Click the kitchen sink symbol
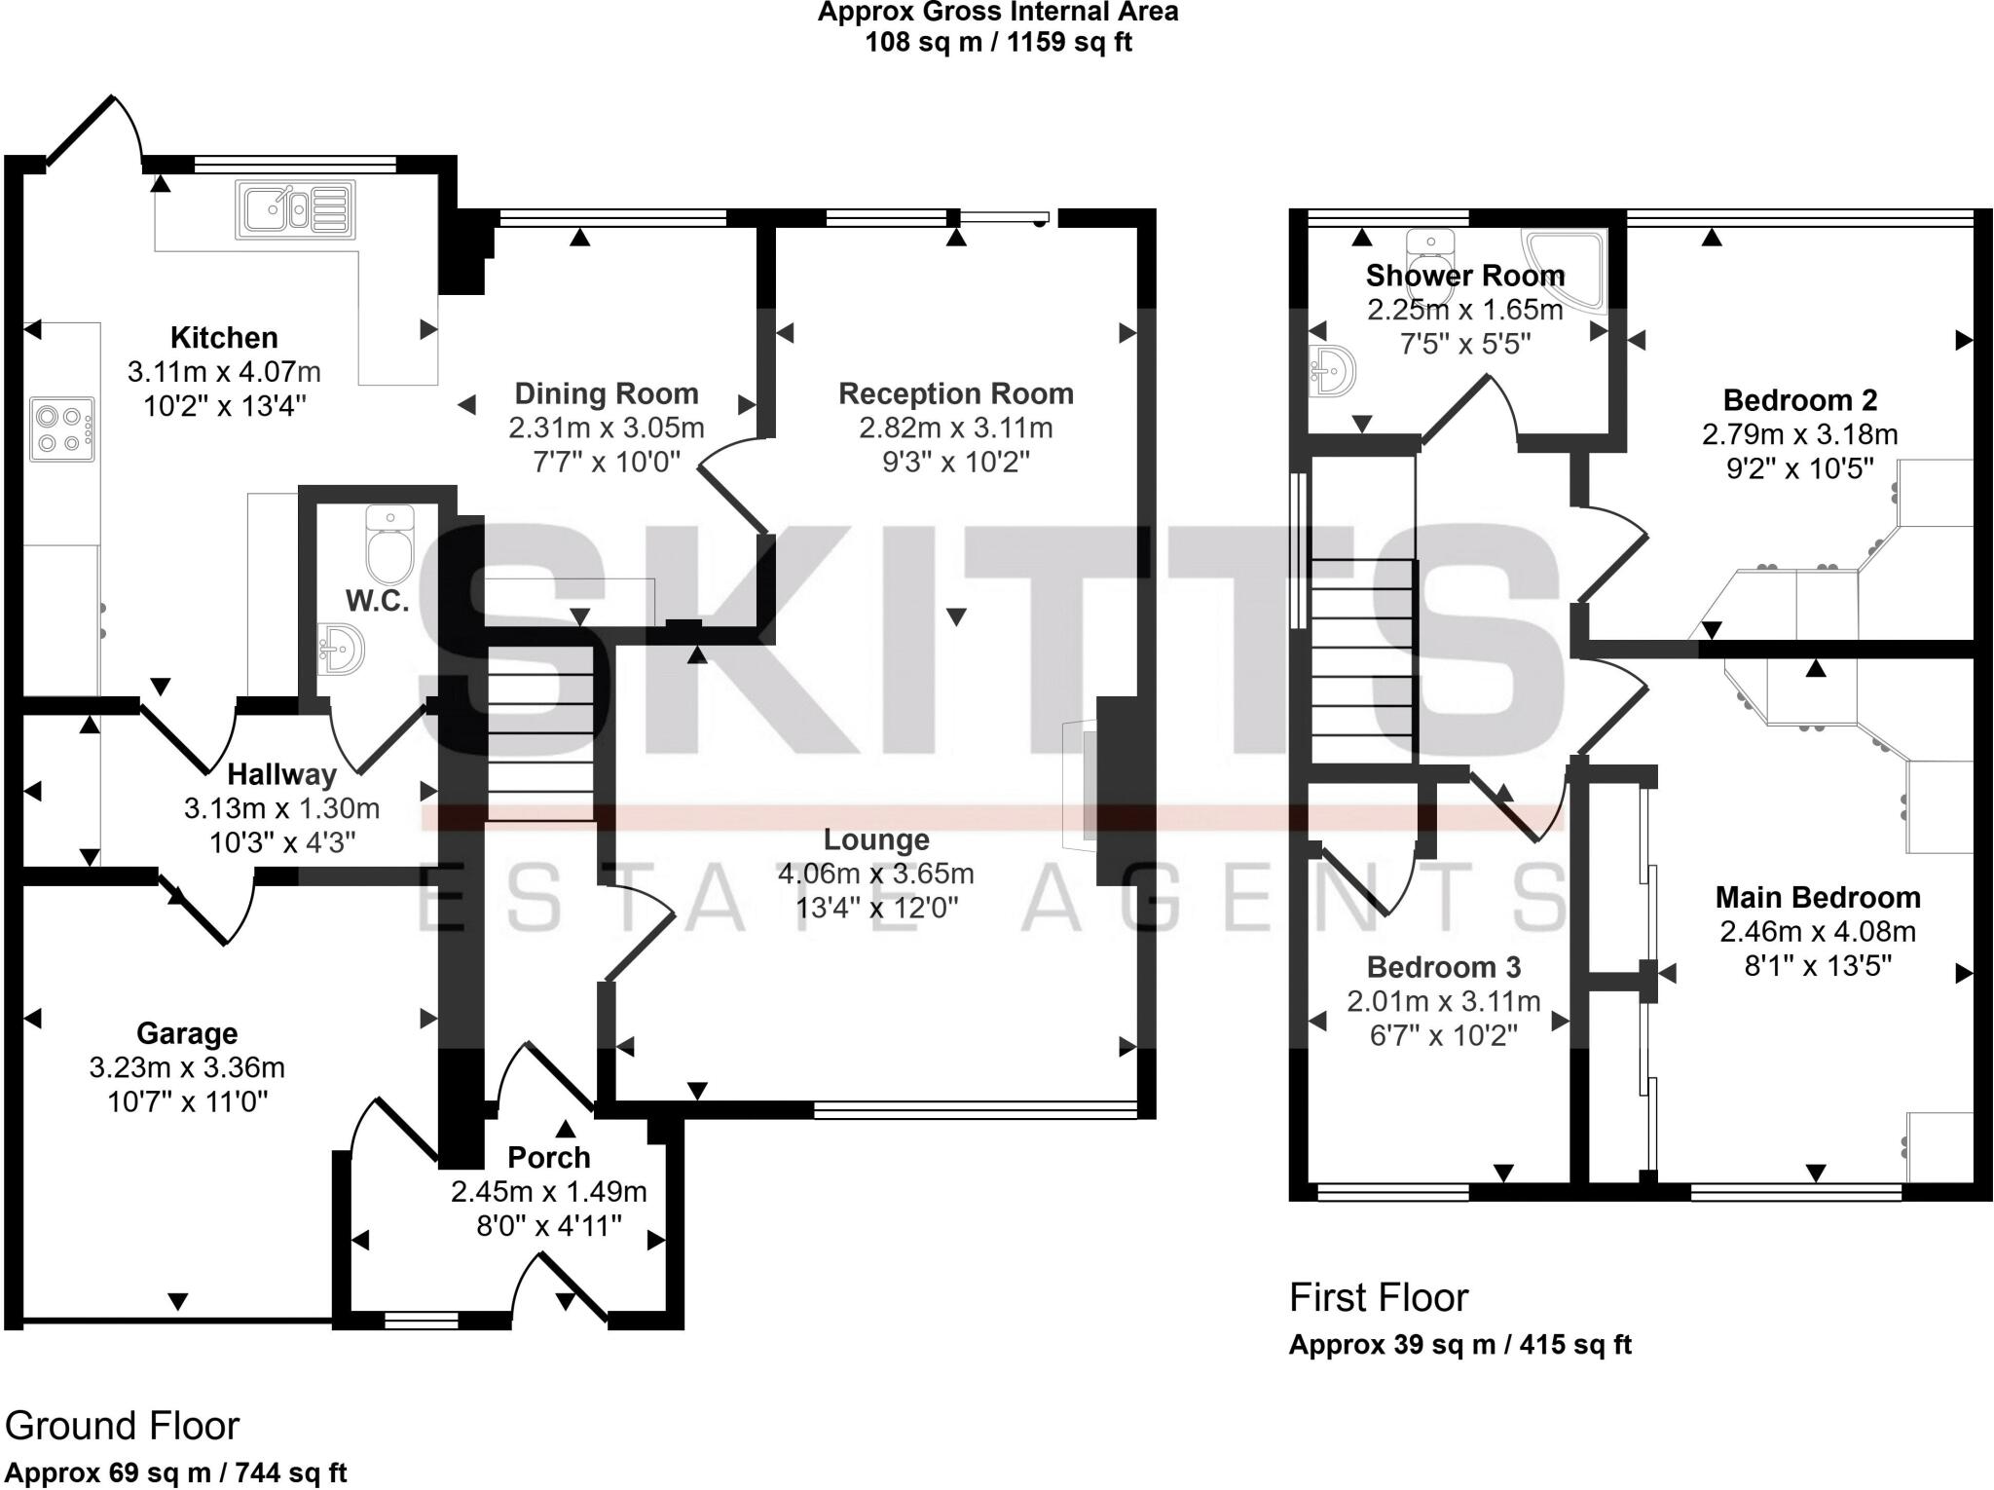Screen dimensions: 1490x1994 pyautogui.click(x=295, y=209)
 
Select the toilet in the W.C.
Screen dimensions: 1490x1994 pyautogui.click(x=389, y=543)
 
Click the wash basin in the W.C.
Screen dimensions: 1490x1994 pyautogui.click(x=340, y=649)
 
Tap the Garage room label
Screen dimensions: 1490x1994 pyautogui.click(x=187, y=1033)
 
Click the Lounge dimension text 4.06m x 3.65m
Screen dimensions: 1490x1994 pyautogui.click(x=875, y=874)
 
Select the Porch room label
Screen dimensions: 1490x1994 pyautogui.click(x=549, y=1157)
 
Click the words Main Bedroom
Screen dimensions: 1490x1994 pyautogui.click(x=1818, y=897)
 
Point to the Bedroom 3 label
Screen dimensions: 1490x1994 pyautogui.click(x=1443, y=967)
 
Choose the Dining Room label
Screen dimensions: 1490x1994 pyautogui.click(x=607, y=393)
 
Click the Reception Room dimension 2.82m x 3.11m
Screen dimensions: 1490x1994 pyautogui.click(x=955, y=428)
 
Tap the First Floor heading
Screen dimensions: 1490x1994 pyautogui.click(x=1378, y=1298)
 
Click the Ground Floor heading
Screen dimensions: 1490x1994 pyautogui.click(x=122, y=1426)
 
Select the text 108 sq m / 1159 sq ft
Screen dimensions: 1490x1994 pyautogui.click(x=998, y=43)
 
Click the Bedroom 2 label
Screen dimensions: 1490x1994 pyautogui.click(x=1799, y=400)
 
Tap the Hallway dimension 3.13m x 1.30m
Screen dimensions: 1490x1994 pyautogui.click(x=281, y=808)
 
